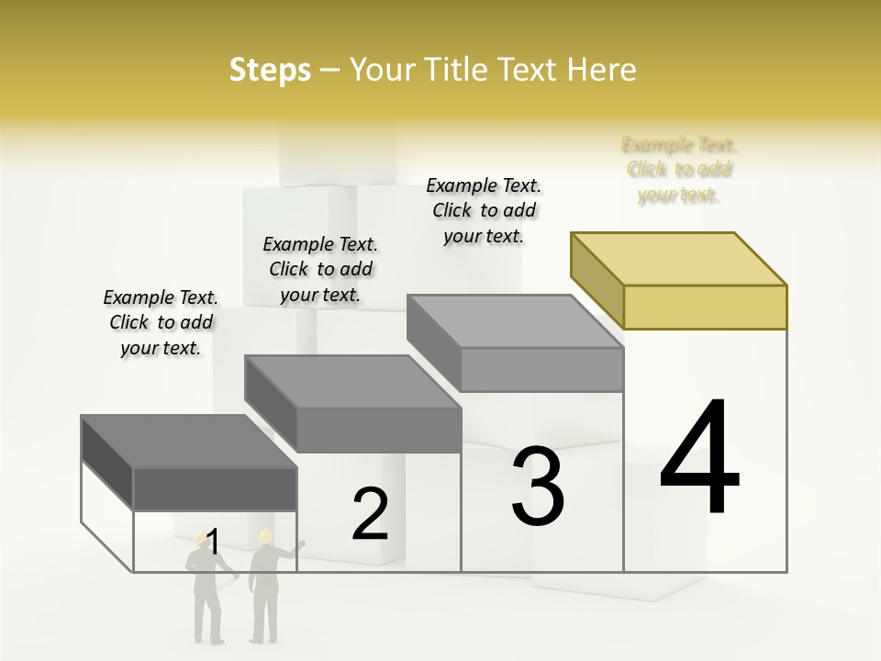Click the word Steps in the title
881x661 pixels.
pos(270,70)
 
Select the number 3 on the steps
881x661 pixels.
pos(538,487)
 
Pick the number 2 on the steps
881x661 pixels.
pos(370,515)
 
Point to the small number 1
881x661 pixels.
pos(213,543)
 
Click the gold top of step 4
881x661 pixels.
pos(679,258)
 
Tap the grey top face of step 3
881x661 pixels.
pos(514,321)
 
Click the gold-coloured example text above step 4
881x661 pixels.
pos(679,170)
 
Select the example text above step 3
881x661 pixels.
pos(484,210)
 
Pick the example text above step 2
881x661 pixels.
pos(320,269)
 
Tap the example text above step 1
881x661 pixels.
pos(161,322)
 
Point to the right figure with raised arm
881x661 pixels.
pos(266,588)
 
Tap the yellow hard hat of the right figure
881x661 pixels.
pos(266,534)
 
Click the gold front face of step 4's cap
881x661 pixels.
pos(705,306)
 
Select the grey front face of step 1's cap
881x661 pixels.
pos(215,489)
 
